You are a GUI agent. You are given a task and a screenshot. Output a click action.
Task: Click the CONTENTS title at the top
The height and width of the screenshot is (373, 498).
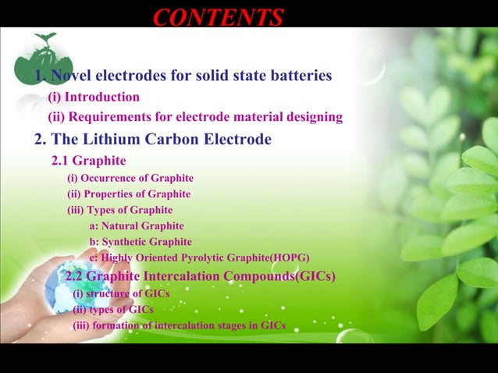(218, 16)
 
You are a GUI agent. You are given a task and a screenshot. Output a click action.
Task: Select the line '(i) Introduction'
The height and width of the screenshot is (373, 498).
(94, 98)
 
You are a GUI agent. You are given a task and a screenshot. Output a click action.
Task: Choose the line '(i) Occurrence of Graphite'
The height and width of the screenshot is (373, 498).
(130, 178)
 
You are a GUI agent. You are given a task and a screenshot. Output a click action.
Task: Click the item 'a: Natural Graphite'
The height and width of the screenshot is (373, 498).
(137, 226)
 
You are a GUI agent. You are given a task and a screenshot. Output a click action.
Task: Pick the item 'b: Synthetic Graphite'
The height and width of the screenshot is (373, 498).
(141, 242)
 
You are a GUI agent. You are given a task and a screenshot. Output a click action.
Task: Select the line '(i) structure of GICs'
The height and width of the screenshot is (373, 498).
(121, 293)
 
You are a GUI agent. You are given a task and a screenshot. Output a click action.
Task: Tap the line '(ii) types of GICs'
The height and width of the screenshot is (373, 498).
(113, 309)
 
